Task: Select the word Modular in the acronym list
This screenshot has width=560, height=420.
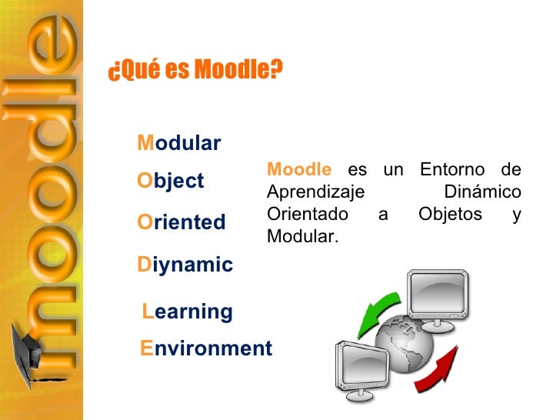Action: coord(178,144)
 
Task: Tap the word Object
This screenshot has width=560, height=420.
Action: coord(170,182)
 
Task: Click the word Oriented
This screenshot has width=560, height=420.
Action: coord(181,223)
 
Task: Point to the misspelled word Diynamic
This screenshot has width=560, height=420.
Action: coord(185,265)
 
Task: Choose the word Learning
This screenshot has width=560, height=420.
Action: coord(188,312)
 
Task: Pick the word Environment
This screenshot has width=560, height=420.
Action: coord(205,348)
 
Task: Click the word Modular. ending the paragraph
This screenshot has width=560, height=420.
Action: coord(302,236)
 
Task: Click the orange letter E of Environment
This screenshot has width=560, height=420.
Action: coord(147,348)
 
